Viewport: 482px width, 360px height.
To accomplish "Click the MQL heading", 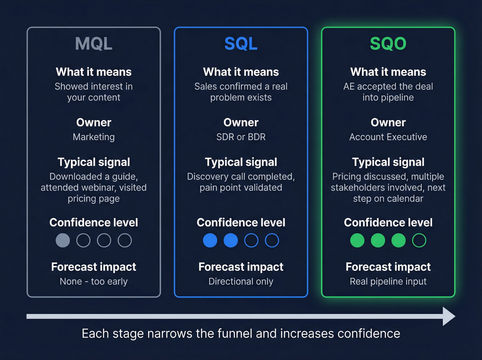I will (x=94, y=44).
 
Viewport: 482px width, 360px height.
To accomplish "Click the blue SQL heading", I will (x=241, y=44).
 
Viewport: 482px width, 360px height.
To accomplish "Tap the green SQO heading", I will (x=388, y=44).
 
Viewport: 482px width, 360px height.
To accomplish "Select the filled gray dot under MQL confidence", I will (x=63, y=240).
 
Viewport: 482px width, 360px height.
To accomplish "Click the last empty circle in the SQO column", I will (x=419, y=240).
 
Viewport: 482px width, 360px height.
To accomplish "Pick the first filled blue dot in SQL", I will (x=210, y=240).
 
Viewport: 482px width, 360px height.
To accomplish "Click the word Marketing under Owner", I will (x=94, y=137).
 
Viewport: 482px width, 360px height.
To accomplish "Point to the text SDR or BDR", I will (x=241, y=137).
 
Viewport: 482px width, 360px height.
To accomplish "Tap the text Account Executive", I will (x=388, y=137).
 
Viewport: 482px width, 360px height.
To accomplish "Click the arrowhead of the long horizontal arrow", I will (x=449, y=316).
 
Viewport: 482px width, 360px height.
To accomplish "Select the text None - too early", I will (x=94, y=281).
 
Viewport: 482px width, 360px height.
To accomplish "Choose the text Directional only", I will (x=241, y=281).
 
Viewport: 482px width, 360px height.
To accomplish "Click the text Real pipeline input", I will (x=388, y=281).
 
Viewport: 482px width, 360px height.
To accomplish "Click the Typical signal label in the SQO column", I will (x=388, y=162).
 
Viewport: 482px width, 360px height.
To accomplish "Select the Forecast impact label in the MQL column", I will (x=94, y=267).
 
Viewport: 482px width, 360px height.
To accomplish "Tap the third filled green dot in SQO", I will (x=398, y=240).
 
